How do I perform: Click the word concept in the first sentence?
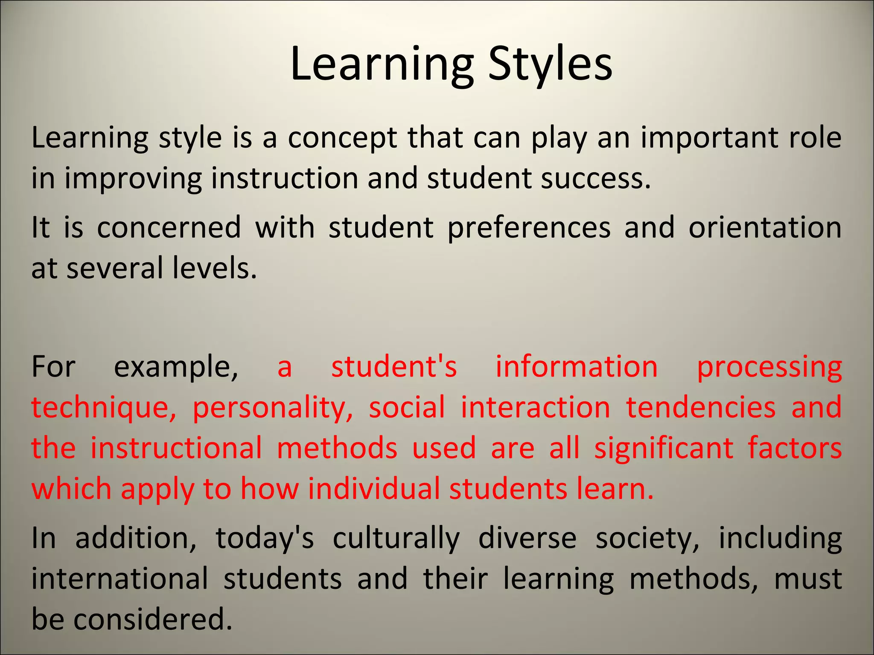click(342, 138)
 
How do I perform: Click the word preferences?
click(529, 228)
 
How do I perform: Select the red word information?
click(577, 367)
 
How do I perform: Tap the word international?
click(120, 579)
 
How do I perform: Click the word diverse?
click(527, 539)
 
